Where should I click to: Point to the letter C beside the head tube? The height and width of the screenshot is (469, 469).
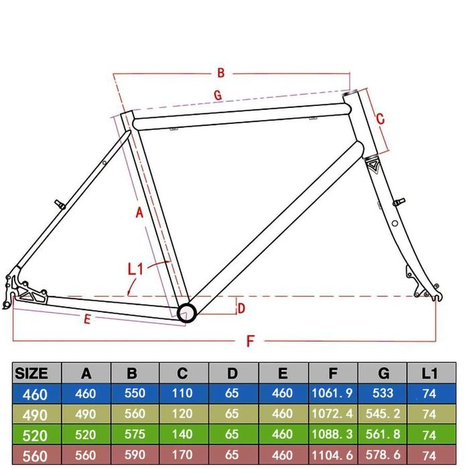click(379, 119)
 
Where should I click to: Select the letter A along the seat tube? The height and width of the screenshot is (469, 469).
click(139, 213)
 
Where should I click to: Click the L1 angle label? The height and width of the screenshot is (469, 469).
click(136, 269)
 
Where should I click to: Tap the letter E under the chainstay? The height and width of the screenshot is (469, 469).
click(86, 320)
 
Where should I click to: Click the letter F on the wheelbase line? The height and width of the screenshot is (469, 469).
click(251, 341)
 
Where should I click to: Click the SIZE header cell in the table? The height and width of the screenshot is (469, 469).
click(31, 373)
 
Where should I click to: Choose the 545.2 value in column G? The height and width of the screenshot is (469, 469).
click(381, 415)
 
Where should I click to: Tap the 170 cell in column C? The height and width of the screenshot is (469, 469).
click(183, 455)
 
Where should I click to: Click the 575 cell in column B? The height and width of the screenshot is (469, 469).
click(135, 435)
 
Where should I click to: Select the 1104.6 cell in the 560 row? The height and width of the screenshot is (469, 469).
click(332, 455)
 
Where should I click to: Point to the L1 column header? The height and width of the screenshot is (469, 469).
click(429, 373)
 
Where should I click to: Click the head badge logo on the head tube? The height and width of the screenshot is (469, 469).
click(373, 165)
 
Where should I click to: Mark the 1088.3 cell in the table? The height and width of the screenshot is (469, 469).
click(332, 435)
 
